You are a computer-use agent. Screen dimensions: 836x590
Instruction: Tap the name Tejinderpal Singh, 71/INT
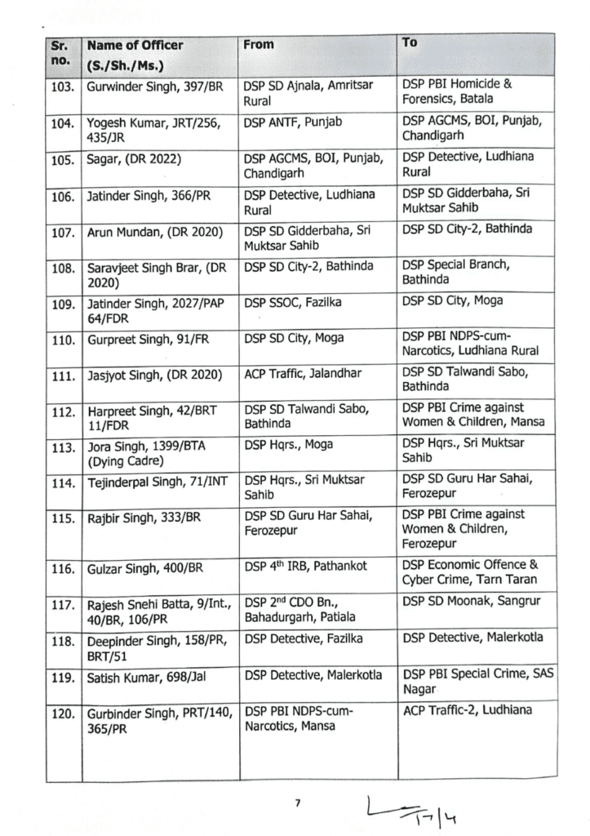click(x=155, y=483)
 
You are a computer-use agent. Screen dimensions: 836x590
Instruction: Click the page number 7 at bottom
click(x=298, y=804)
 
